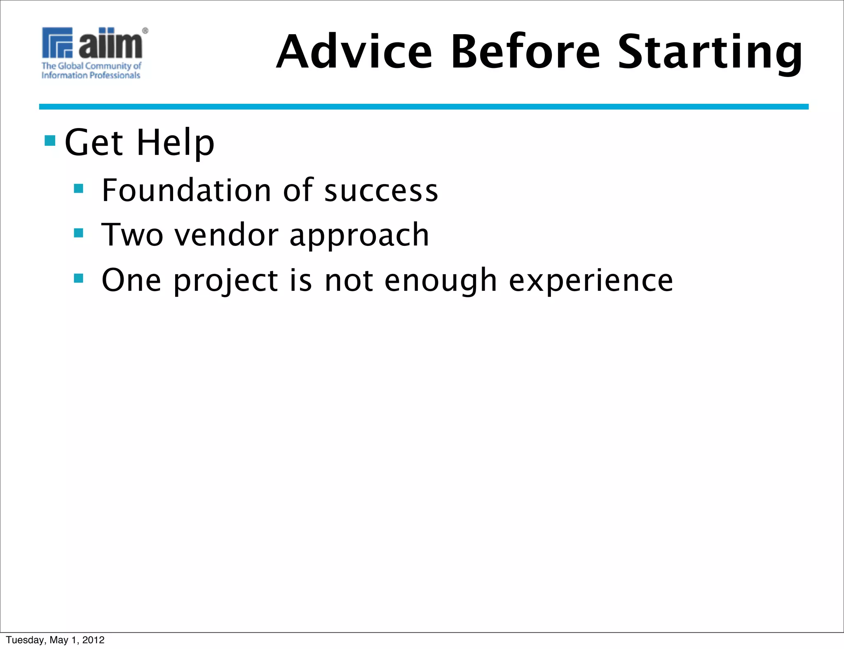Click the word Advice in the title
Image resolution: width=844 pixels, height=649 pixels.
[x=354, y=52]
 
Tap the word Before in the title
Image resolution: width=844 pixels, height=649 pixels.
[x=525, y=52]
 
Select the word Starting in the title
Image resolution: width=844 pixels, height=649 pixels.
[x=710, y=52]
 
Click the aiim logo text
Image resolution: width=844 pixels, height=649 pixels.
[x=110, y=44]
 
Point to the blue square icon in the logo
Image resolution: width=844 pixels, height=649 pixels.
[x=57, y=42]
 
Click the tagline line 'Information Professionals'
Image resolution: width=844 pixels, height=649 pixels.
[x=91, y=75]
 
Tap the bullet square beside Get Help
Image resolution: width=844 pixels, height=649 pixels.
[x=50, y=141]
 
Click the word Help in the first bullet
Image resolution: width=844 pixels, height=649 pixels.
[x=176, y=142]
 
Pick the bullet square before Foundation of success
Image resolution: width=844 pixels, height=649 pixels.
[x=78, y=189]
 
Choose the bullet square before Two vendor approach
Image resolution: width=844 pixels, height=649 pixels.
[x=78, y=233]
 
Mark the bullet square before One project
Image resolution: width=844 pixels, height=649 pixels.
[x=78, y=278]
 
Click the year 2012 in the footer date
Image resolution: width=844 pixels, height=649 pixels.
[x=94, y=640]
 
